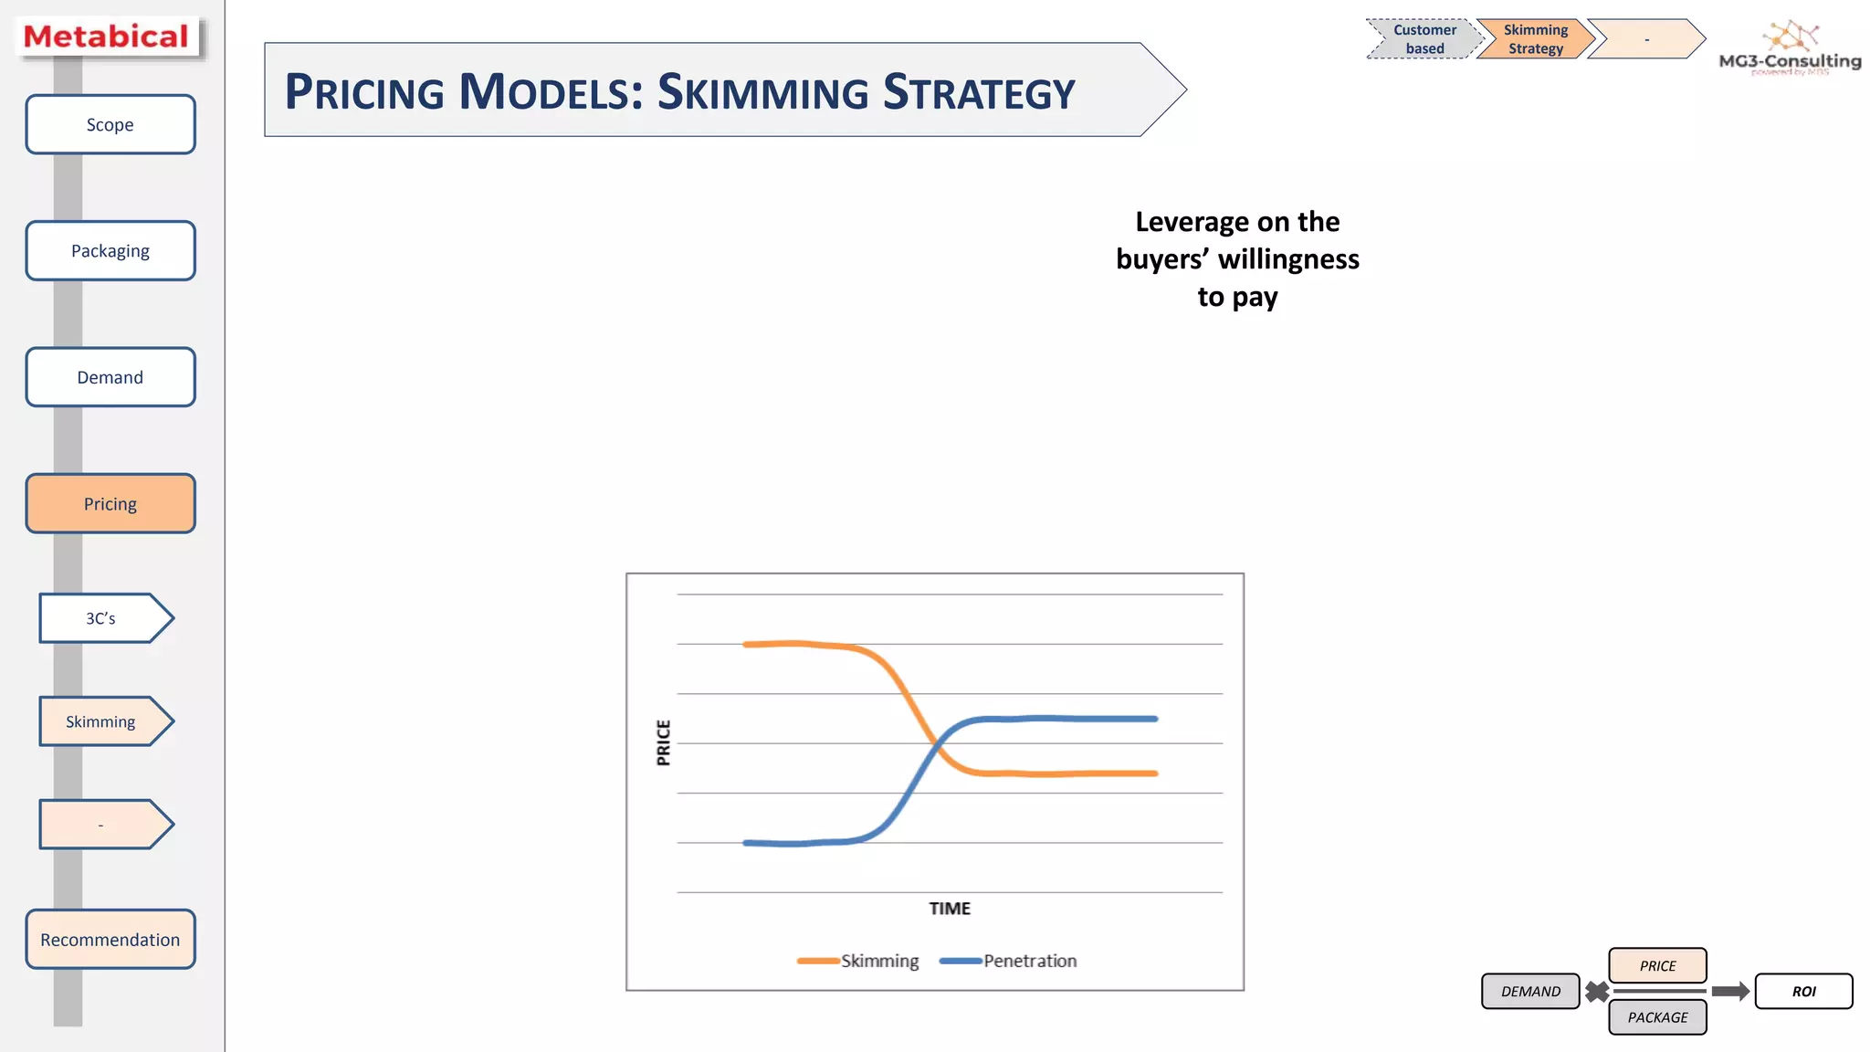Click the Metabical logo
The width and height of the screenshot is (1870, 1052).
tap(107, 37)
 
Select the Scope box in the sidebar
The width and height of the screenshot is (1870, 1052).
tap(110, 124)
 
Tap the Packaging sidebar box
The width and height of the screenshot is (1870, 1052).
tap(110, 250)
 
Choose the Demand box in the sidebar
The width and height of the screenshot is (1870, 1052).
tap(110, 377)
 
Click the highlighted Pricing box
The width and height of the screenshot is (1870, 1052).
tap(110, 503)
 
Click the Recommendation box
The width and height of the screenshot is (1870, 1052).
tap(110, 939)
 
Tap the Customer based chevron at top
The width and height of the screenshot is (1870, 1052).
tap(1424, 39)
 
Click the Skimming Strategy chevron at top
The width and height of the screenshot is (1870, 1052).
tap(1535, 39)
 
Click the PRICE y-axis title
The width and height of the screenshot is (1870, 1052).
tap(664, 742)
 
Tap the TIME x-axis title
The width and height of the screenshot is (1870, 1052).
tap(949, 909)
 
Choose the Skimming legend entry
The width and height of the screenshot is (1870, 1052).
tap(858, 961)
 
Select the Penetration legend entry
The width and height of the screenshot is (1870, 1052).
tap(1008, 961)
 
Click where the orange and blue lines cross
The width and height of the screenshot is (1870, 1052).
tap(936, 746)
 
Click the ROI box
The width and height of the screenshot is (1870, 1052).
tap(1803, 991)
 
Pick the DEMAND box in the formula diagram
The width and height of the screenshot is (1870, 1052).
tap(1530, 991)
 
